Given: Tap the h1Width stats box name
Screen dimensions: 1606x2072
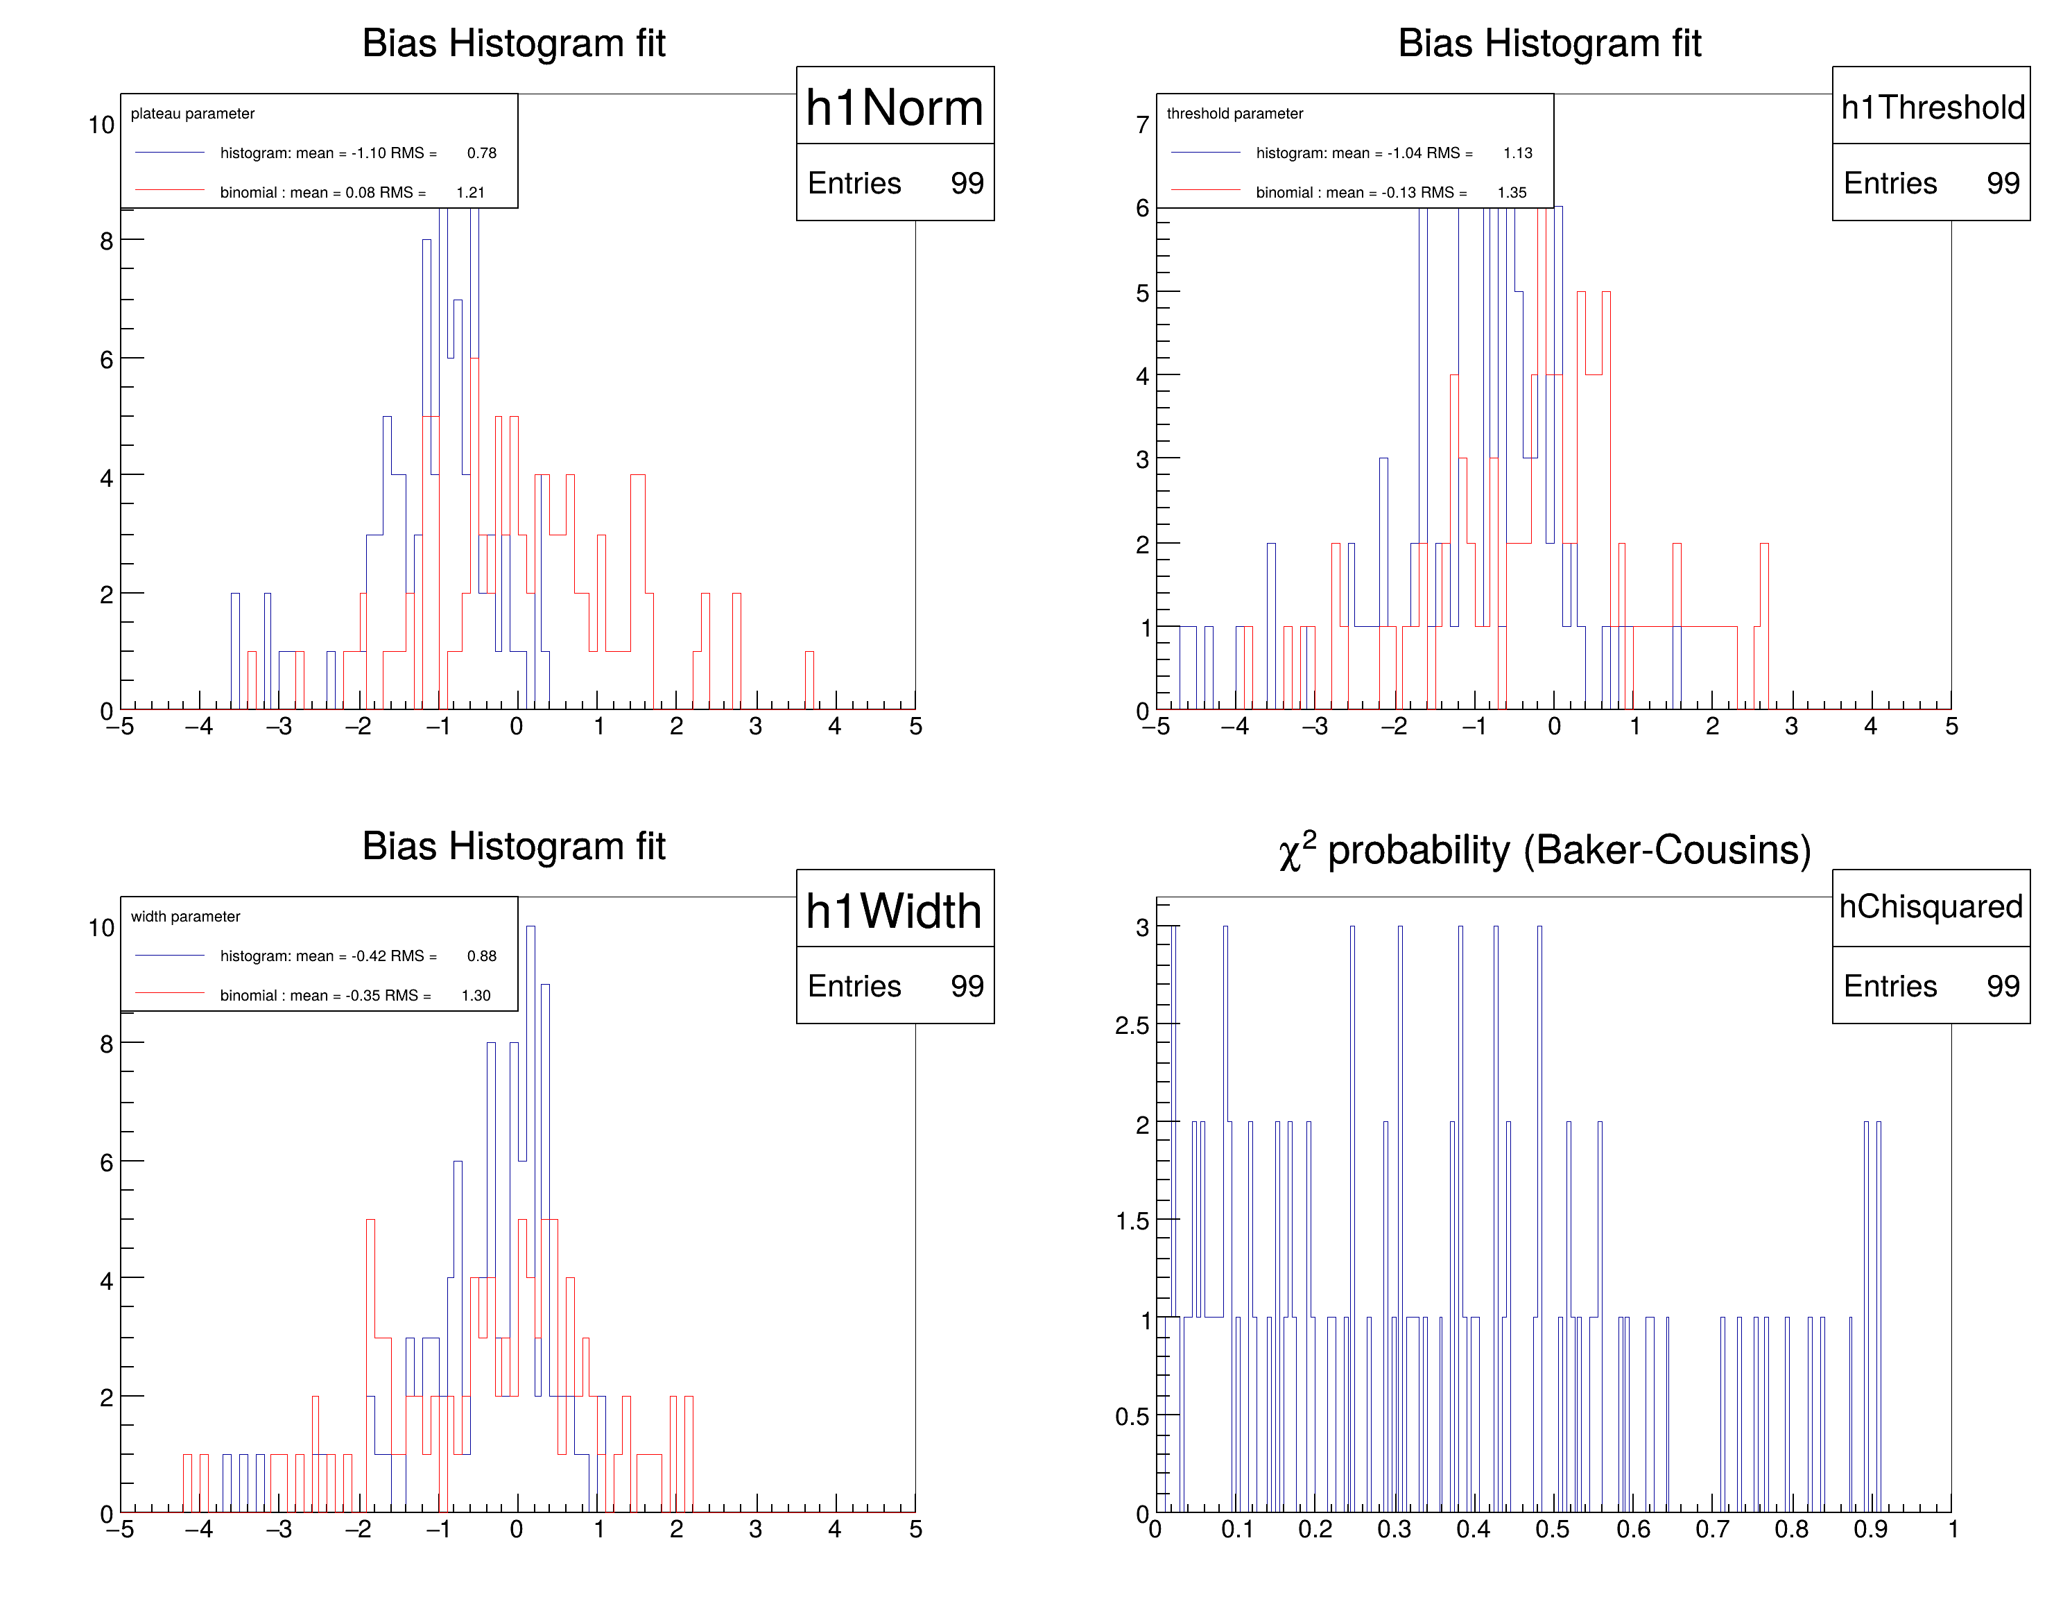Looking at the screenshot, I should (894, 910).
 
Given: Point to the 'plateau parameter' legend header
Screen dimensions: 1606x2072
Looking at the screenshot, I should (193, 114).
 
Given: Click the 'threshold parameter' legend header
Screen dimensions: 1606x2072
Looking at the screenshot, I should (1234, 114).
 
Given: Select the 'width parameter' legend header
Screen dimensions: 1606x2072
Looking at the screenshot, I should (185, 916).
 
